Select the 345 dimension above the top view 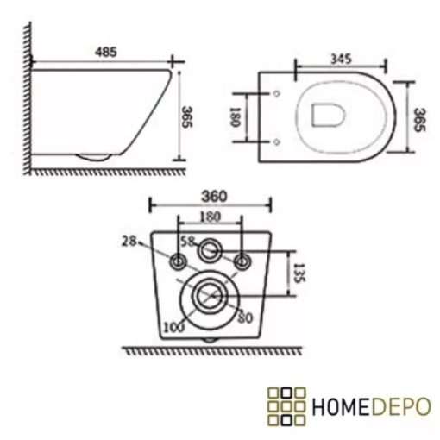[339, 59]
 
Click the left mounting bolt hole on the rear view [178, 261]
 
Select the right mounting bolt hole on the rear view [242, 261]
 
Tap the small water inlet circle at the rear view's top [210, 252]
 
